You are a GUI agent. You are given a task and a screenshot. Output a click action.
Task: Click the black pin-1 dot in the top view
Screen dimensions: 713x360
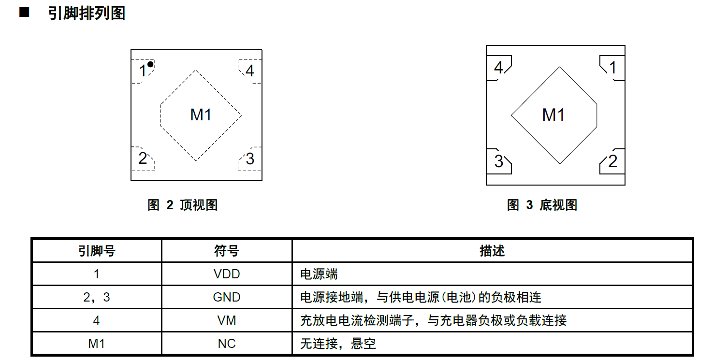(150, 64)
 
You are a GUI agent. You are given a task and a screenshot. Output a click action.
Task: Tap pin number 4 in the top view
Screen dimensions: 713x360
(250, 71)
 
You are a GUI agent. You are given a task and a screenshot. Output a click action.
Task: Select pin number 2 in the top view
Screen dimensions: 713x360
(143, 158)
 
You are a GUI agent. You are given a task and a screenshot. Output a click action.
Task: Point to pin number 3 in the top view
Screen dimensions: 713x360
(250, 159)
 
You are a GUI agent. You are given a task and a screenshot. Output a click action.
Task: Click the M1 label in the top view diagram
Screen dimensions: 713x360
(201, 115)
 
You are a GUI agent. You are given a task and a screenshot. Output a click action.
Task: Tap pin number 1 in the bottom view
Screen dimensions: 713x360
(613, 68)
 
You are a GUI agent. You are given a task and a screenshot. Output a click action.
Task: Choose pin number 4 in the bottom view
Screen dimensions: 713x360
(498, 68)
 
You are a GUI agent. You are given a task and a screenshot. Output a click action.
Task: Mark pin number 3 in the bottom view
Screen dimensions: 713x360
(499, 161)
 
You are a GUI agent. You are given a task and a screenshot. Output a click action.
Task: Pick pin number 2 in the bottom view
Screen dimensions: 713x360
(613, 161)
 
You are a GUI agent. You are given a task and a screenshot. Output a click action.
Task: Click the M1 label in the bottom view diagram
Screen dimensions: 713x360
(553, 115)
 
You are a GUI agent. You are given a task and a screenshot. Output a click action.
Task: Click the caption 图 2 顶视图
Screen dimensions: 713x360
(182, 205)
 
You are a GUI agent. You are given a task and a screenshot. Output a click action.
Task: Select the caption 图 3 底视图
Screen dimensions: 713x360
(542, 205)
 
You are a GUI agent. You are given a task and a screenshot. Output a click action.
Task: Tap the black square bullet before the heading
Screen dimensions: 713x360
(24, 13)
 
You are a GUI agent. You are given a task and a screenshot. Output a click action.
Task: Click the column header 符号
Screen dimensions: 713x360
(227, 251)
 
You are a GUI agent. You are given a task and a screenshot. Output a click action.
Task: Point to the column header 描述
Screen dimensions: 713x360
(492, 251)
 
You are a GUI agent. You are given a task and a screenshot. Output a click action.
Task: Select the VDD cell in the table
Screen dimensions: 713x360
(227, 274)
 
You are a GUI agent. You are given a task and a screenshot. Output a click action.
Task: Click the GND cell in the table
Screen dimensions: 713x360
(227, 297)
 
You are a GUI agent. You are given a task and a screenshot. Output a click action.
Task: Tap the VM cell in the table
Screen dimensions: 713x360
(227, 320)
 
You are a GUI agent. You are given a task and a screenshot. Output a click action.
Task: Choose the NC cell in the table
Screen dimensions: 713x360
(227, 344)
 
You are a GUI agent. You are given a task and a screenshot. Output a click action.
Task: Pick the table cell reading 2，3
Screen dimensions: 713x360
(97, 297)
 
